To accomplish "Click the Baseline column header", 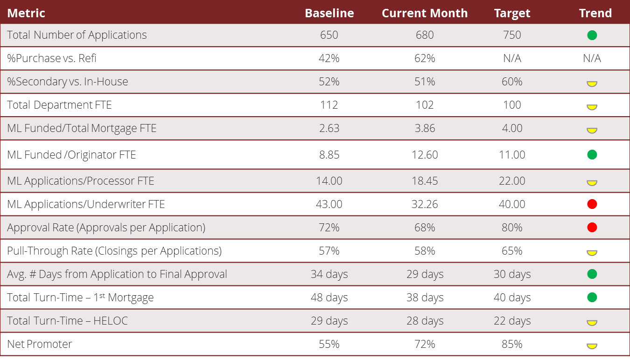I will click(329, 13).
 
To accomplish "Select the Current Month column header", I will click(425, 13).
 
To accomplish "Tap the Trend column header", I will click(595, 13).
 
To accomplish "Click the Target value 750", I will click(512, 35).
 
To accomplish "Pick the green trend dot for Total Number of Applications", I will click(592, 35).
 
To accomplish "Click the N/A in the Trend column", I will click(592, 58).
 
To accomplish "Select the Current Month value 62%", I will click(425, 58).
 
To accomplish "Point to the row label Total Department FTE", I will click(59, 105).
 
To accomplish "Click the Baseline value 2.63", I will click(329, 128).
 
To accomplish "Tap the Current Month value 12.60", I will click(425, 155).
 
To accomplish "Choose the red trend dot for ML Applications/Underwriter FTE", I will click(592, 204).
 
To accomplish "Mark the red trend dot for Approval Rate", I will click(592, 228).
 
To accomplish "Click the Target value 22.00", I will click(512, 181).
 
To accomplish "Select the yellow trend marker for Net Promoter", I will click(592, 346).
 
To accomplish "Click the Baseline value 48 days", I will click(329, 298).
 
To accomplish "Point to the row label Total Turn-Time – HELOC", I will click(67, 321).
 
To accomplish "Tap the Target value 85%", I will click(512, 344).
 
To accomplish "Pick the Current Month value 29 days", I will click(425, 274).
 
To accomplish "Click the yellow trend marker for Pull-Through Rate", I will click(592, 253).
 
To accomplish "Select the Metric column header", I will click(26, 13).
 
